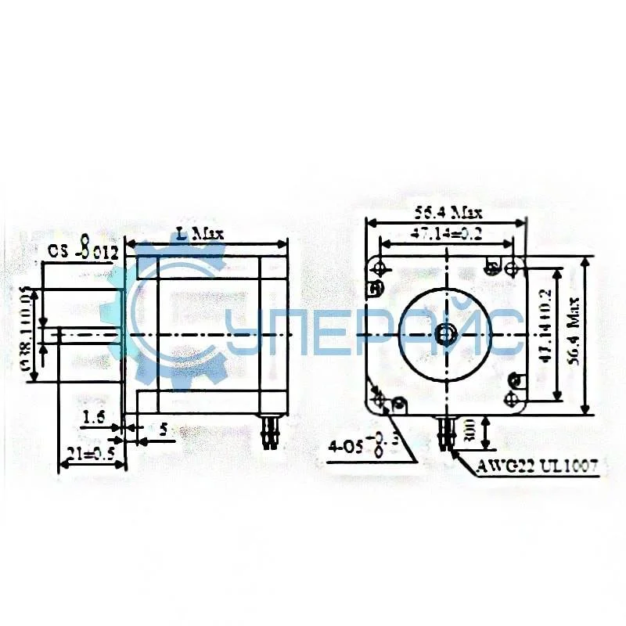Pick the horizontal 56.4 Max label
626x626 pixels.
448,212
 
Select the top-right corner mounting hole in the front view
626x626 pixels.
513,268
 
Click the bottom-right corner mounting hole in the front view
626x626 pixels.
513,400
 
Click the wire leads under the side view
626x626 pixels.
272,432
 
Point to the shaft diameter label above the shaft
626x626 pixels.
82,252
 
